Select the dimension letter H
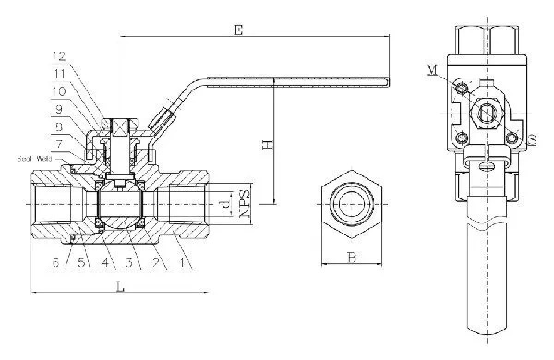click(x=266, y=145)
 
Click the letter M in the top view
click(x=433, y=69)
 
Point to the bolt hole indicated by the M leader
click(x=461, y=86)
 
